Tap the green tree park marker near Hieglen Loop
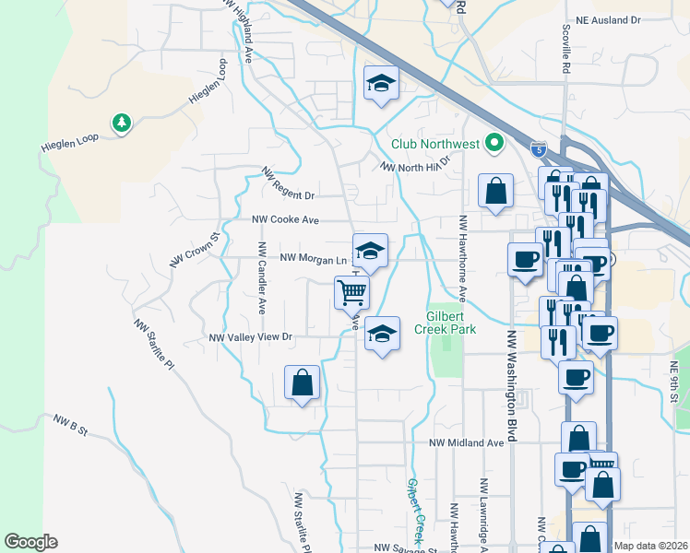point(120,123)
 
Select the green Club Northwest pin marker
point(494,143)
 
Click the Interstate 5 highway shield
point(539,149)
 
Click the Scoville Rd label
point(565,51)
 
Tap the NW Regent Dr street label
point(289,184)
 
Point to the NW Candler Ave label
point(262,277)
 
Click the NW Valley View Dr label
point(250,337)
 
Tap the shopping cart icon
point(351,292)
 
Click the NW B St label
point(69,425)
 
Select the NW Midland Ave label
point(467,442)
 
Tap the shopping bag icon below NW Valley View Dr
point(303,382)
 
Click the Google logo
point(30,542)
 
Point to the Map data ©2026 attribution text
point(650,546)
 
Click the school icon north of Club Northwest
point(380,84)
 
